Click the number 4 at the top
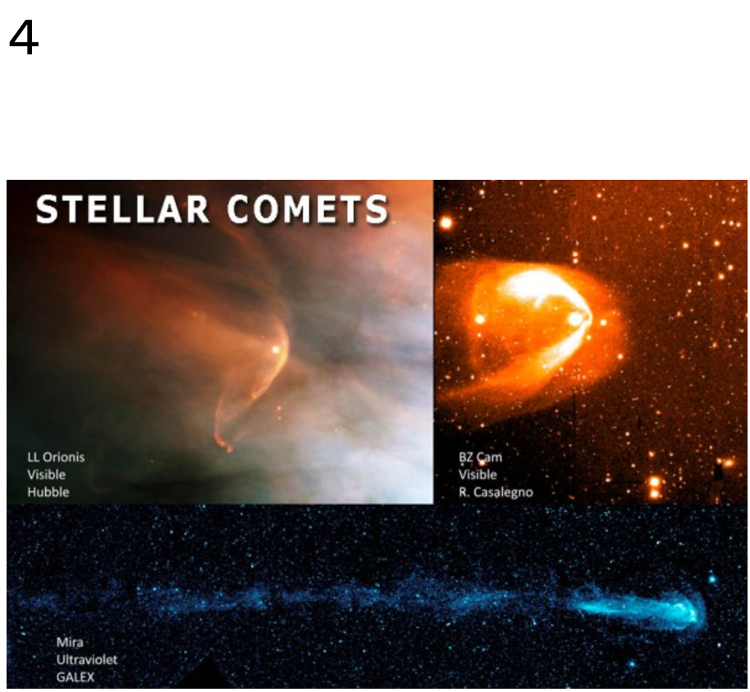point(24,39)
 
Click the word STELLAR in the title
point(122,209)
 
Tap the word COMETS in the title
point(308,209)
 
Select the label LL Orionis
point(56,457)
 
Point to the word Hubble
point(48,492)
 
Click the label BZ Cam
point(480,457)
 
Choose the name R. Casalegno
point(496,492)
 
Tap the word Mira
point(70,642)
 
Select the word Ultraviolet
point(87,659)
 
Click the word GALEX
point(75,677)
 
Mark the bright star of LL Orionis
point(276,350)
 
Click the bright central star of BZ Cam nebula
point(575,319)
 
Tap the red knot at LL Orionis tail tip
point(224,443)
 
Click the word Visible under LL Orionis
point(46,474)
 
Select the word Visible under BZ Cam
point(478,474)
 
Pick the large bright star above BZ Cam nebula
point(446,222)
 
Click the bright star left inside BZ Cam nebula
point(480,319)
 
